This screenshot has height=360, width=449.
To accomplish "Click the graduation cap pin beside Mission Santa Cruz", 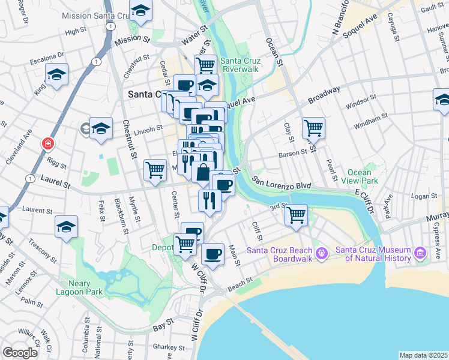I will click(x=141, y=11).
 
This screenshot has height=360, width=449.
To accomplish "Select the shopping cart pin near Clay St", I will click(x=313, y=127).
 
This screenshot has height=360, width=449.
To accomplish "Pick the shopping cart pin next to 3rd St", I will click(x=296, y=214).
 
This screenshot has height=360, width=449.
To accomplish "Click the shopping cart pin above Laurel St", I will click(x=155, y=170).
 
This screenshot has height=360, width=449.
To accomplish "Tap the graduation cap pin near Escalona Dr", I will click(x=57, y=74).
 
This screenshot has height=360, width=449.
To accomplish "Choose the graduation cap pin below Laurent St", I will click(x=66, y=226).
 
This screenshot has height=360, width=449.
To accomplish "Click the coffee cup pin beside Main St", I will click(x=212, y=254).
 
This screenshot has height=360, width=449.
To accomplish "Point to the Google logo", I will click(x=20, y=353).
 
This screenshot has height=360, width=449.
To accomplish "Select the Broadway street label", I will click(x=324, y=93).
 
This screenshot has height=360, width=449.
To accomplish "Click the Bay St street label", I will click(x=159, y=328).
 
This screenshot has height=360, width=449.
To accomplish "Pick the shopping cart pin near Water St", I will click(x=205, y=64).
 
